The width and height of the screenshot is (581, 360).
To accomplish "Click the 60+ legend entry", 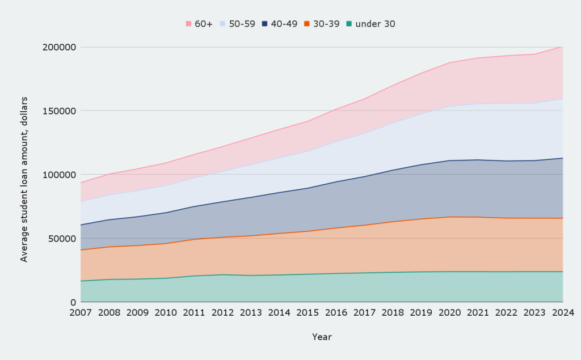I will click(x=199, y=24).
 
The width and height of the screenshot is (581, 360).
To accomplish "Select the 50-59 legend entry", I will click(x=237, y=24).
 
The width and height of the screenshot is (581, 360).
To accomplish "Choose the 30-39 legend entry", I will click(x=321, y=24).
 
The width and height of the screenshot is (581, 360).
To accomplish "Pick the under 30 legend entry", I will click(x=371, y=24).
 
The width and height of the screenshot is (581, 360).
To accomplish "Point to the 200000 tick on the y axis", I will click(x=60, y=47).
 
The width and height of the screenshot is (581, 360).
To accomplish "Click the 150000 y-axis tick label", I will click(x=60, y=111).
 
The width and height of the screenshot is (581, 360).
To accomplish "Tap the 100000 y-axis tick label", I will click(x=60, y=175).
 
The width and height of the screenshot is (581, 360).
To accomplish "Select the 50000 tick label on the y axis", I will click(x=62, y=238).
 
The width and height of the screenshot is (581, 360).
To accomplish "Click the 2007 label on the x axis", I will click(x=81, y=312).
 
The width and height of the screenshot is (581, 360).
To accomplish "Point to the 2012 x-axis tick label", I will click(x=222, y=312).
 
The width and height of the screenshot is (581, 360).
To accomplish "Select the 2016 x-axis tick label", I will click(x=336, y=312).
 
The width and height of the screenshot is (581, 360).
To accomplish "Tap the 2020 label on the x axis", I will click(x=449, y=312).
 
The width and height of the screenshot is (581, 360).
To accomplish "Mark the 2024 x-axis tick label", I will click(x=563, y=312).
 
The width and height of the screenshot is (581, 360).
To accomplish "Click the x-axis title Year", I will click(x=322, y=337).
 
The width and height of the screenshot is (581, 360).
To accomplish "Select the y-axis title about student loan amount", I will click(x=24, y=175).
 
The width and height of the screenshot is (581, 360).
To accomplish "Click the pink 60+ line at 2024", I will click(x=562, y=46).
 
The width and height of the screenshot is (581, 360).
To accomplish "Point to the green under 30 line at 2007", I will click(x=81, y=281).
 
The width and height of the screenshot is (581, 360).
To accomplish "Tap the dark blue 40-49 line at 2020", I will click(x=449, y=160).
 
